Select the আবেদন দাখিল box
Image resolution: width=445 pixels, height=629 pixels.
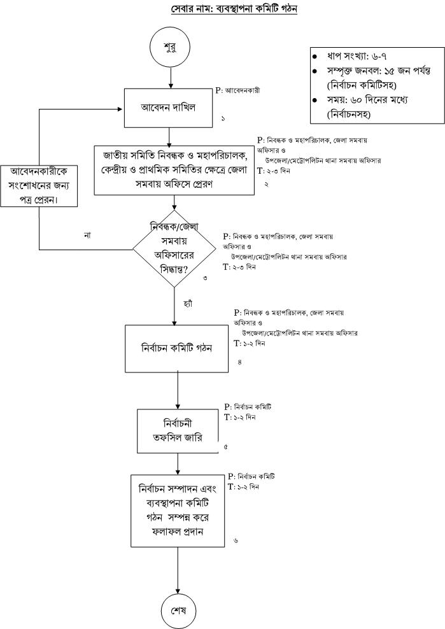(169, 108)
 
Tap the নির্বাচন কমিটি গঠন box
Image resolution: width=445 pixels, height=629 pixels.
(176, 349)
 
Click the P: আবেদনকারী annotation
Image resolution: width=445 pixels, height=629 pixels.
(238, 90)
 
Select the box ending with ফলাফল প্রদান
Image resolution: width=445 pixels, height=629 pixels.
(178, 511)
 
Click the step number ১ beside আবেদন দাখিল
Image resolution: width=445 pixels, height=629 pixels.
(223, 119)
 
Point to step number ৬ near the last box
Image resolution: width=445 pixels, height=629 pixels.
(236, 541)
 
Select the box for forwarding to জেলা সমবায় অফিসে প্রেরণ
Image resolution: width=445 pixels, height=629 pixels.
(174, 169)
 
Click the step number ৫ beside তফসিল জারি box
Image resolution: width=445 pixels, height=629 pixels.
(226, 448)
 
